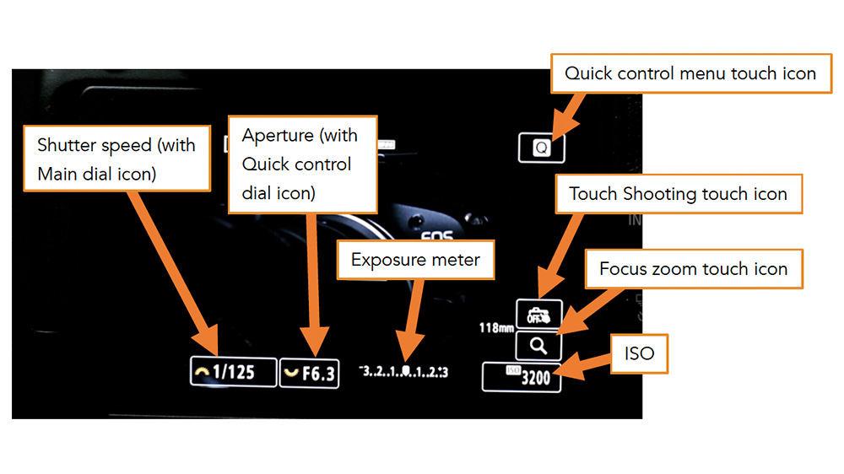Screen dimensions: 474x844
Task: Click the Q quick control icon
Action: [x=541, y=148]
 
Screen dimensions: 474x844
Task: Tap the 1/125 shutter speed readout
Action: [x=234, y=372]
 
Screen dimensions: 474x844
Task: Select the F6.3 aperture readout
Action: [x=309, y=373]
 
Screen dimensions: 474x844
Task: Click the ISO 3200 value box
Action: [x=522, y=377]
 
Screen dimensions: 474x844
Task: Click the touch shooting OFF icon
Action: [x=538, y=315]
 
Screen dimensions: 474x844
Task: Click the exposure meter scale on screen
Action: [x=403, y=372]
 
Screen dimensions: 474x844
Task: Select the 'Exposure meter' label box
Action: [x=415, y=260]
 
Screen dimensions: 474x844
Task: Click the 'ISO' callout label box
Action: [x=639, y=353]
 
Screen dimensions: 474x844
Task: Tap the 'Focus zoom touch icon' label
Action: [x=693, y=270]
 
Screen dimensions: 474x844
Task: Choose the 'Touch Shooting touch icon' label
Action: [x=678, y=194]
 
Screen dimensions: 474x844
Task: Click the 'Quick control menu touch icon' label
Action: [x=690, y=73]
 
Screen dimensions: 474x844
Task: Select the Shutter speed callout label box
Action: [x=116, y=159]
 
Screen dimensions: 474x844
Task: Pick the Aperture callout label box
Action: [x=302, y=164]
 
